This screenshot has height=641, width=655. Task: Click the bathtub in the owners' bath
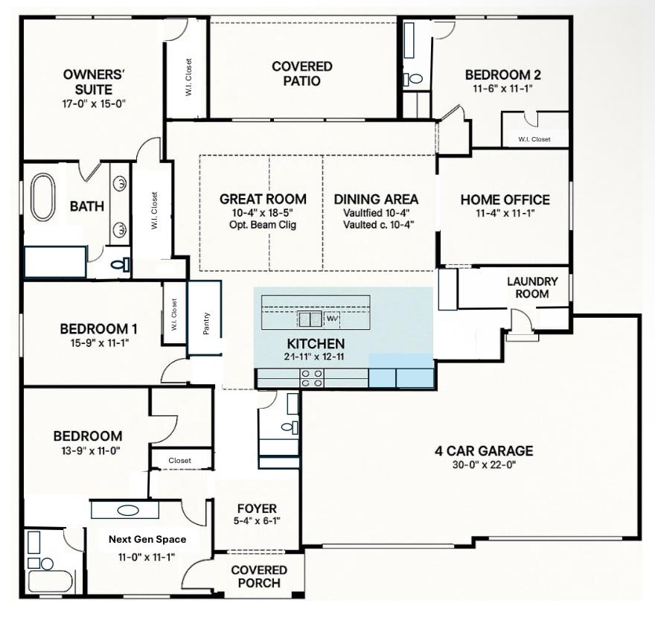(x=43, y=197)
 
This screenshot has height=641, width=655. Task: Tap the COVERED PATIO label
(x=302, y=74)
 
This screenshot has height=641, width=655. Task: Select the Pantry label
(x=206, y=323)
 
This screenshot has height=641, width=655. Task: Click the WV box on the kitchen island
(x=332, y=319)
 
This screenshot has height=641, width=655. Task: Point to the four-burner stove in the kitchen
(x=312, y=378)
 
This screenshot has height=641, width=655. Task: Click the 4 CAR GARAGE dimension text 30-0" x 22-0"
(x=484, y=465)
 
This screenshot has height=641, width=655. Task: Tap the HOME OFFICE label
(x=505, y=200)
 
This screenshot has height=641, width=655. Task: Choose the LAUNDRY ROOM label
(x=532, y=287)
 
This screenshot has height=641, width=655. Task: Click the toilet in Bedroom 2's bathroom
(x=414, y=78)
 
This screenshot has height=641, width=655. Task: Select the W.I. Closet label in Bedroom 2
(x=534, y=139)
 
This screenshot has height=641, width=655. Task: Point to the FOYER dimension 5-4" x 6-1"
(x=257, y=520)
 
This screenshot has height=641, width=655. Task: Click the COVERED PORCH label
(x=259, y=577)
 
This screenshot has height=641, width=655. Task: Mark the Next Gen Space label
(x=147, y=540)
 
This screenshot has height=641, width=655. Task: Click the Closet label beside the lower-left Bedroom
(x=179, y=461)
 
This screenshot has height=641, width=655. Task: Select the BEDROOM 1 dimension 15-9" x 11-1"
(x=100, y=343)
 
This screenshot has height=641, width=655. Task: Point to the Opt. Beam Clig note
(x=263, y=225)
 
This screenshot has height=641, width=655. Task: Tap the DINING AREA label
(x=376, y=200)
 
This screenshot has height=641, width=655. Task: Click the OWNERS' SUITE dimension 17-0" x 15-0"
(x=94, y=103)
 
